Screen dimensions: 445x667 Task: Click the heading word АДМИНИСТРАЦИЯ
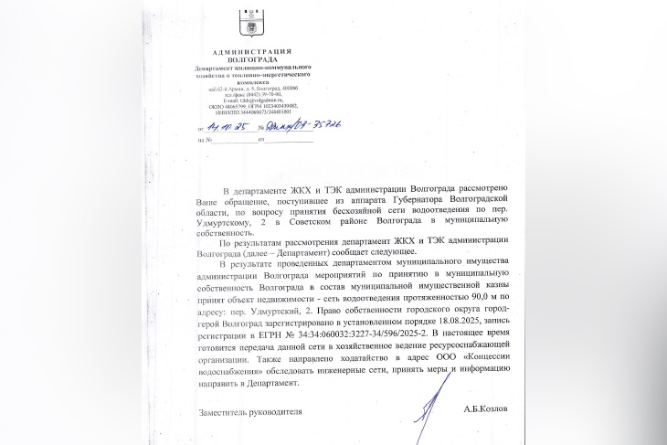coord(253,51)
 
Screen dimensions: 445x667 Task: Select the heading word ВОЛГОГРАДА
coord(253,59)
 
